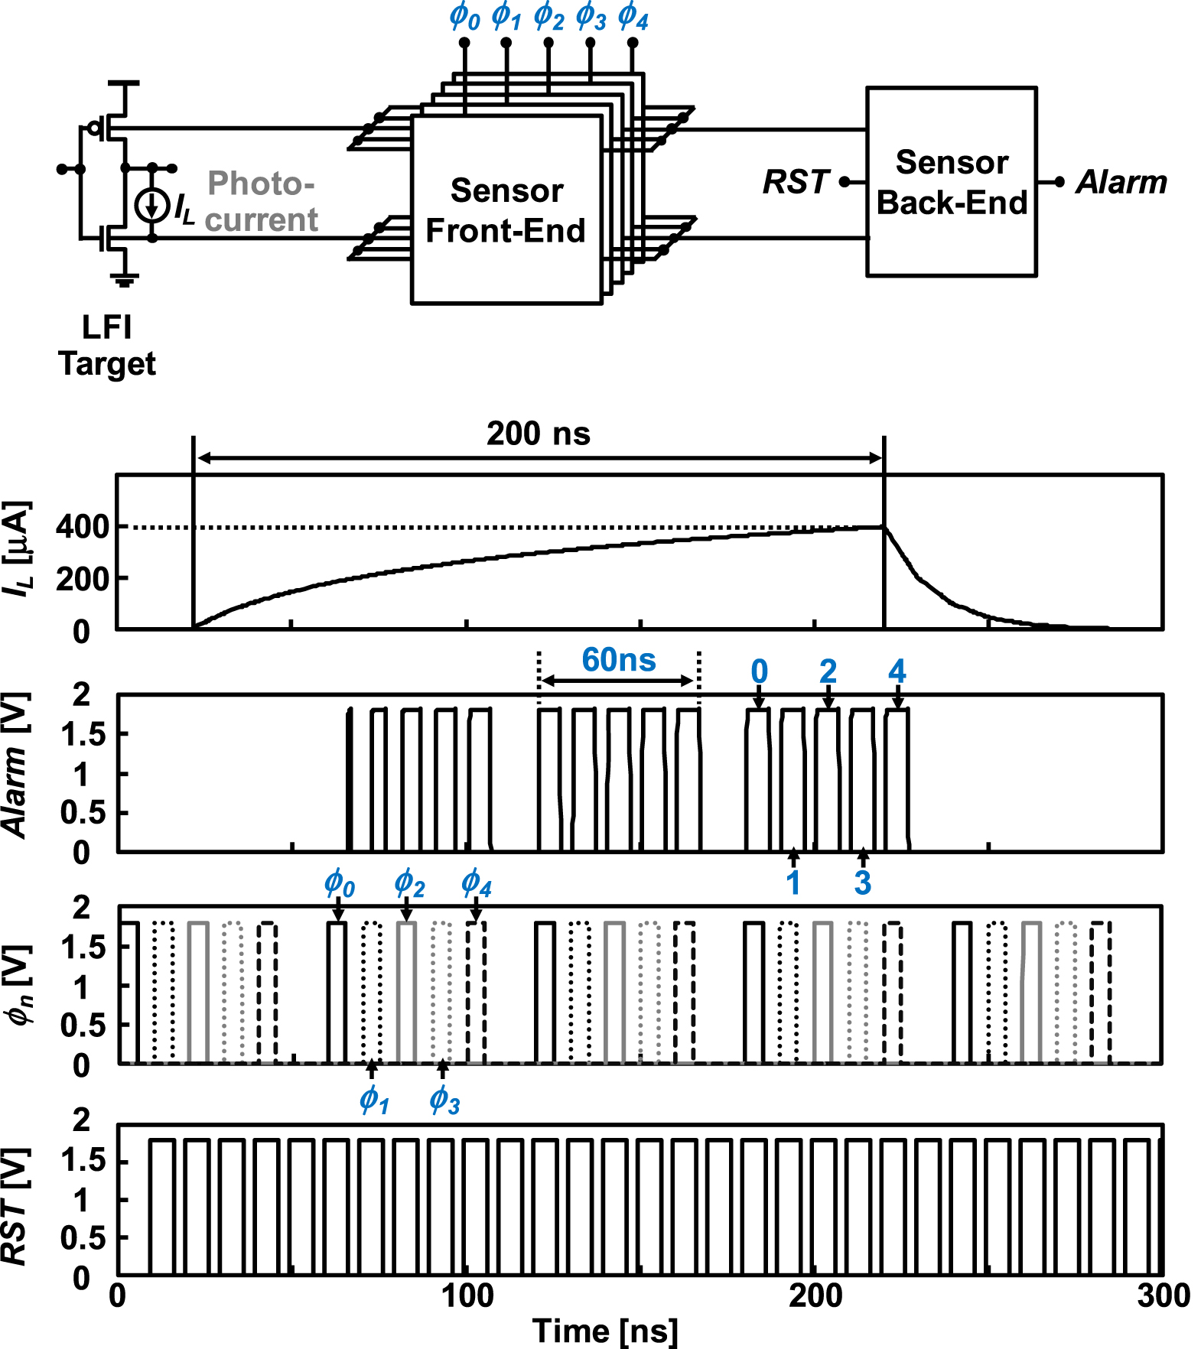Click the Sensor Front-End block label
pyautogui.click(x=506, y=210)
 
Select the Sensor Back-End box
pyautogui.click(x=951, y=182)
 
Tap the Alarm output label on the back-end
pyautogui.click(x=1121, y=182)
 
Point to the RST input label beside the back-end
pyautogui.click(x=796, y=182)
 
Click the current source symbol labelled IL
pyautogui.click(x=151, y=205)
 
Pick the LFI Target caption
pyautogui.click(x=107, y=345)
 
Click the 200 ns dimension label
pyautogui.click(x=538, y=434)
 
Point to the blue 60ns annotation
pyautogui.click(x=618, y=660)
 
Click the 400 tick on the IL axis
pyautogui.click(x=82, y=527)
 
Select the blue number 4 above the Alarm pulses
pyautogui.click(x=897, y=672)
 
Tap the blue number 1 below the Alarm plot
pyautogui.click(x=793, y=883)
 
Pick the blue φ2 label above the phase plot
pyautogui.click(x=408, y=883)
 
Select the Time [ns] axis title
pyautogui.click(x=604, y=1331)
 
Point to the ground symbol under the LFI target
pyautogui.click(x=125, y=281)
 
